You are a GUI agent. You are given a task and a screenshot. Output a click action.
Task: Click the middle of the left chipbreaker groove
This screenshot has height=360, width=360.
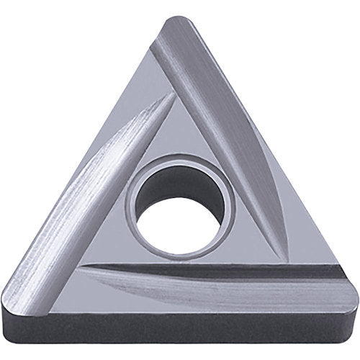(x=101, y=187)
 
